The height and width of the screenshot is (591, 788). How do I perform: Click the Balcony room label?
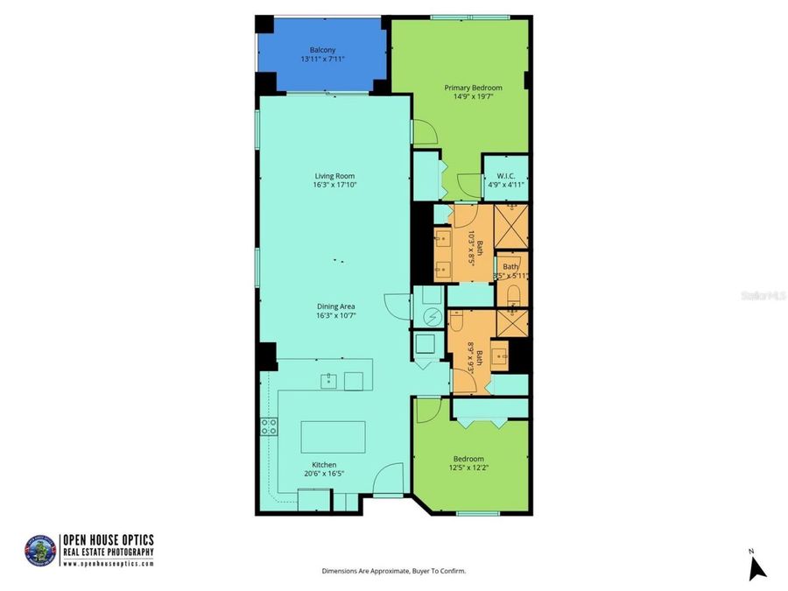322,50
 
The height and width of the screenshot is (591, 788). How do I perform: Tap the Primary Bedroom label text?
473,88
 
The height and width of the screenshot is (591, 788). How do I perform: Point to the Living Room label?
334,176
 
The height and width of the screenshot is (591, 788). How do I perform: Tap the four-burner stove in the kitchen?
269,426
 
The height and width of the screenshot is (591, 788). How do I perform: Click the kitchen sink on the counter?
327,380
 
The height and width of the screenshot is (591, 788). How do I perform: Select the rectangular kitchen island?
333,436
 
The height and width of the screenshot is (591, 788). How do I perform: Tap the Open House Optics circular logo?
40,551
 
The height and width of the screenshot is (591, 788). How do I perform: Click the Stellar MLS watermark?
763,297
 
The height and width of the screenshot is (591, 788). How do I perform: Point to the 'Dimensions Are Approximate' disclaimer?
394,571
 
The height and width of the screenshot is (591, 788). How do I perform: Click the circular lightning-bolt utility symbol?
430,318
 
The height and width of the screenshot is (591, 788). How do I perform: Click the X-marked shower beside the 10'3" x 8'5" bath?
511,226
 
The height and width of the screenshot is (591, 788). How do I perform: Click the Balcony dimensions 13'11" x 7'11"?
322,60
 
